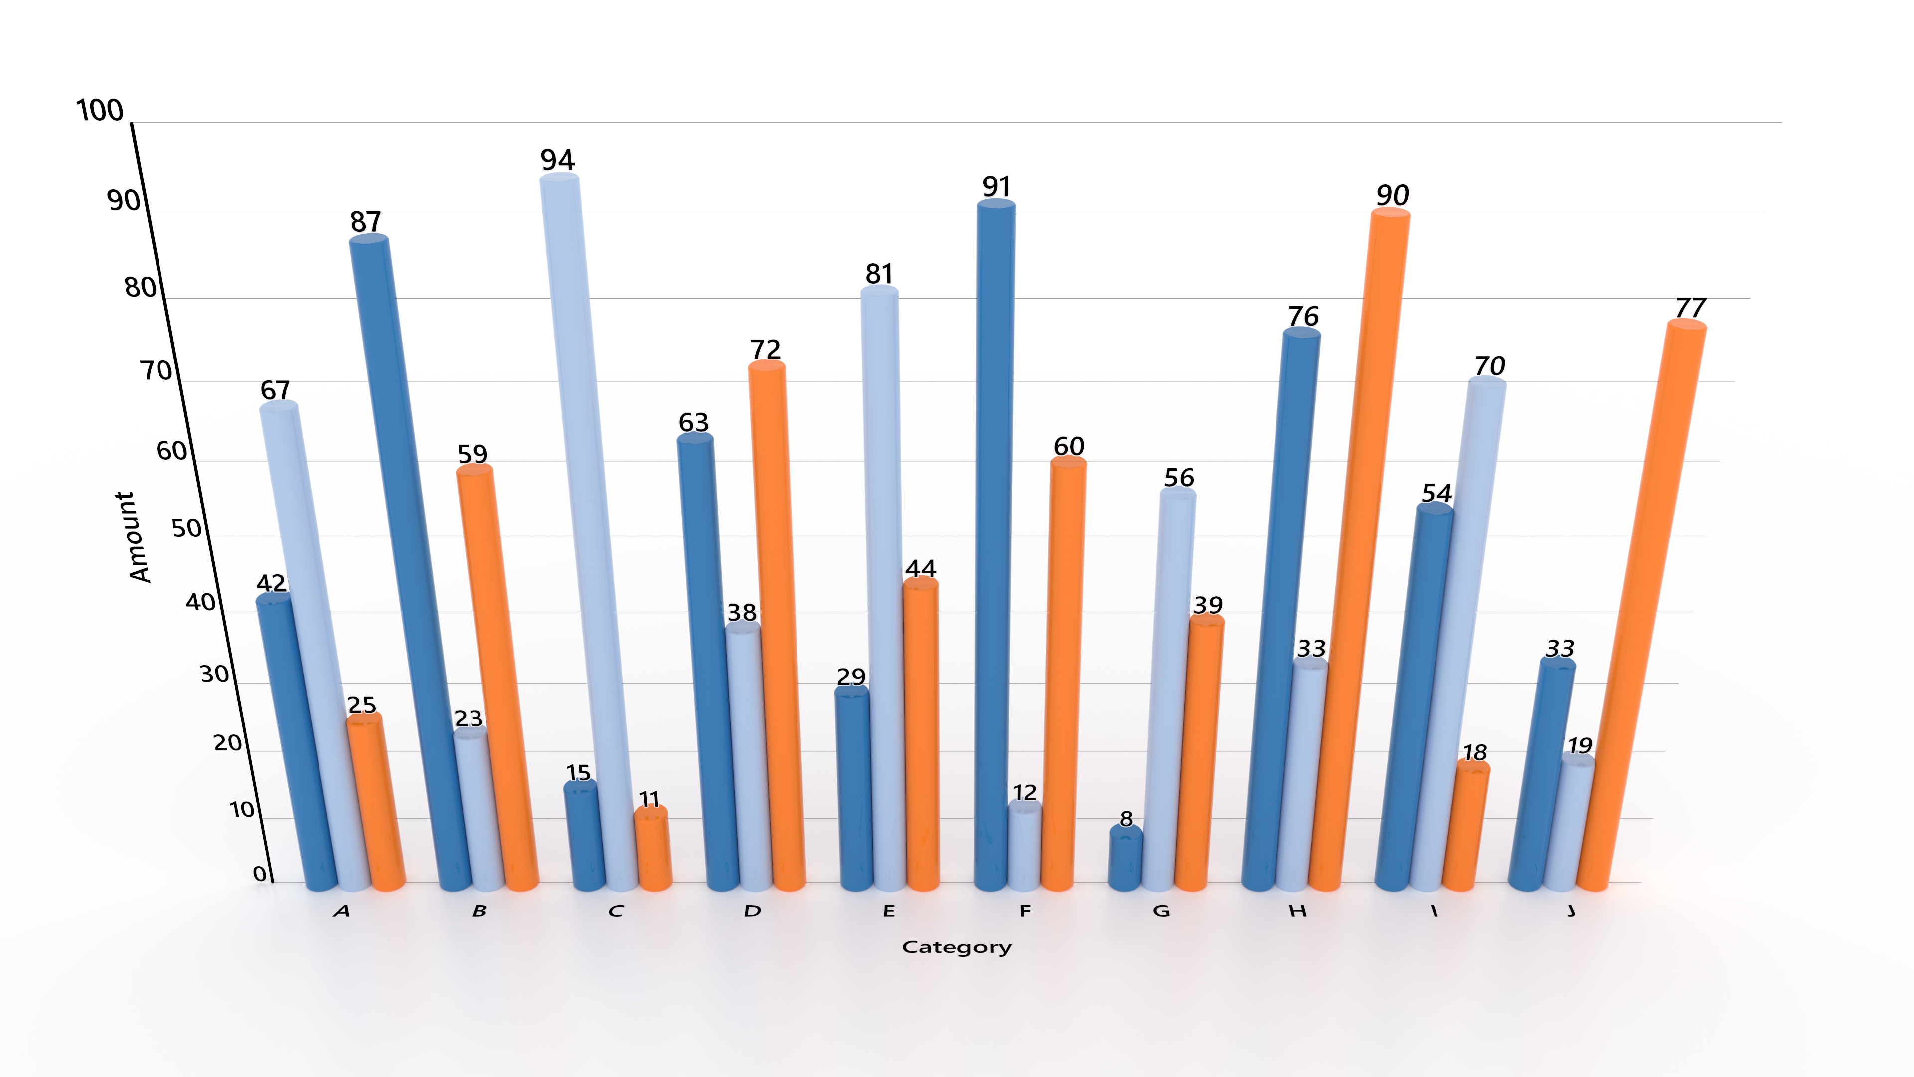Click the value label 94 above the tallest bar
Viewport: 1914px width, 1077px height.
click(x=557, y=160)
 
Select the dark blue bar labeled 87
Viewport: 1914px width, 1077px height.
click(x=409, y=557)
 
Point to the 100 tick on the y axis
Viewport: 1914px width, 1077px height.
click(x=100, y=111)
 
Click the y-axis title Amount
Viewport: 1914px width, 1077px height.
click(x=134, y=536)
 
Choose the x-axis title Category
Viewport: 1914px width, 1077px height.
click(x=957, y=947)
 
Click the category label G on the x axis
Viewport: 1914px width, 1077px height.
click(x=1161, y=911)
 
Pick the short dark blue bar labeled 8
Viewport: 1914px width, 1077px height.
click(x=1125, y=859)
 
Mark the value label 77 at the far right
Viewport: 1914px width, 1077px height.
click(x=1690, y=308)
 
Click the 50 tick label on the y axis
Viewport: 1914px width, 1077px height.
click(x=186, y=529)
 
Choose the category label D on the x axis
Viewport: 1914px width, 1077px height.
click(x=752, y=911)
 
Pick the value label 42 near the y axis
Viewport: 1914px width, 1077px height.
click(x=271, y=583)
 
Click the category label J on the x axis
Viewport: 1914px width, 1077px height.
click(x=1571, y=911)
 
